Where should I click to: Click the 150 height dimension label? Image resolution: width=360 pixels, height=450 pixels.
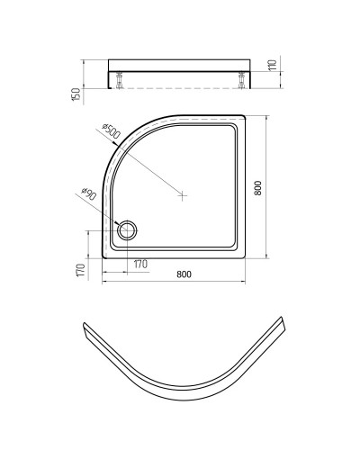coord(76,92)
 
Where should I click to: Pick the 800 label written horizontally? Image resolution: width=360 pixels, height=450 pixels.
coord(184,274)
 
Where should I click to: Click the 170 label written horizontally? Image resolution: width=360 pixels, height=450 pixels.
coord(140,265)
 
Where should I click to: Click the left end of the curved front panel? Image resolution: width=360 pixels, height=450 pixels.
coord(83,328)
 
